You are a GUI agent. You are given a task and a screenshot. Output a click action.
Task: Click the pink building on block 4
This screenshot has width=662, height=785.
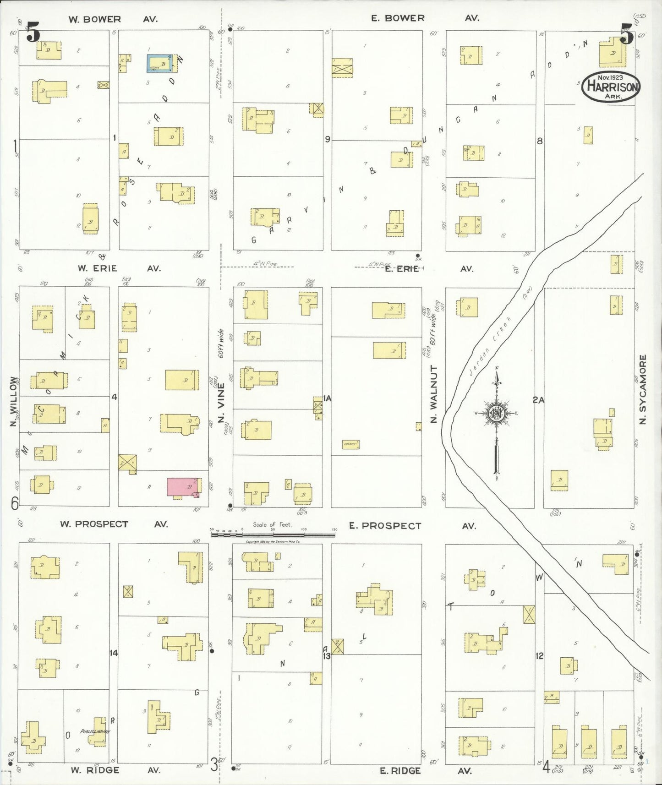click(183, 487)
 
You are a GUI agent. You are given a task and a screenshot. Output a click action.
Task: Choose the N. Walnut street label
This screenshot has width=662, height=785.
click(434, 393)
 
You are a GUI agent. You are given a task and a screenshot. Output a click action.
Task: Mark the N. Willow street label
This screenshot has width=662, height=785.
click(13, 401)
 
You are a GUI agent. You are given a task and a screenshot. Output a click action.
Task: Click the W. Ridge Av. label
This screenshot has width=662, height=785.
click(115, 770)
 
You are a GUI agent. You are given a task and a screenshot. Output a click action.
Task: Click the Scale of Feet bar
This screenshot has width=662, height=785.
click(273, 533)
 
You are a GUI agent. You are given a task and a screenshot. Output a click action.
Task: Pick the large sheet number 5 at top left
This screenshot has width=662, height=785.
click(33, 33)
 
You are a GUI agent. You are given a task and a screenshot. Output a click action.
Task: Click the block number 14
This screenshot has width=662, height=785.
click(114, 653)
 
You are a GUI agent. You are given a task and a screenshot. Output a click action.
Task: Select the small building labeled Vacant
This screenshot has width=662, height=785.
click(350, 444)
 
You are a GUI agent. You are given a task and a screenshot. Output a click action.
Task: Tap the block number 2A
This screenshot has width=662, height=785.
click(538, 400)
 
